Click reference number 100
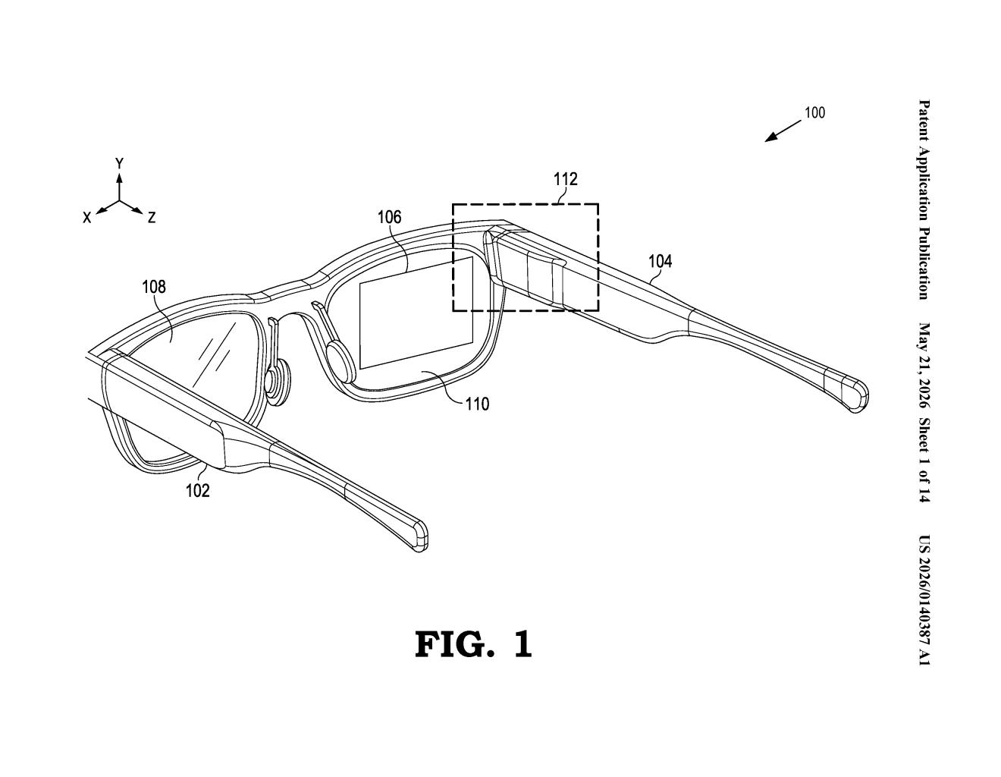coord(814,113)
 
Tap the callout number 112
coord(565,179)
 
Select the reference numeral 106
coord(389,217)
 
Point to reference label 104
coord(660,261)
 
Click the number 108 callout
coord(153,287)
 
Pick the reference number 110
coord(477,404)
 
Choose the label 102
coord(198,490)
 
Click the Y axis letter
coord(119,163)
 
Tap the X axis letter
coord(86,218)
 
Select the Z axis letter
coord(152,218)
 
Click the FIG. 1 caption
coord(473,645)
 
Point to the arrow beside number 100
coord(783,131)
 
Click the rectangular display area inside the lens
coord(416,313)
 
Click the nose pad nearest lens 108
coord(277,382)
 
